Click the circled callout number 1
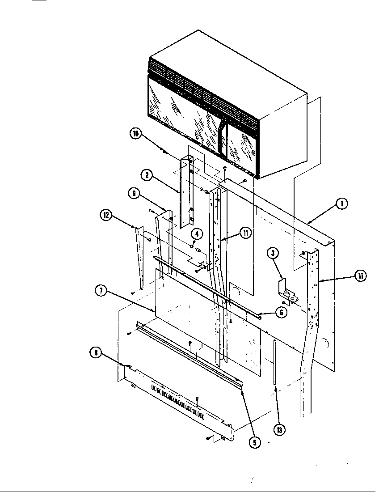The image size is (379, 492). point(341,204)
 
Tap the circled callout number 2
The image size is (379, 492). point(145,175)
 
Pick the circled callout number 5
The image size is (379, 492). point(254,442)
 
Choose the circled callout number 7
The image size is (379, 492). point(101,291)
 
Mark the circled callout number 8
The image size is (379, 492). point(95,353)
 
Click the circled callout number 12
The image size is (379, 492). point(105,215)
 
